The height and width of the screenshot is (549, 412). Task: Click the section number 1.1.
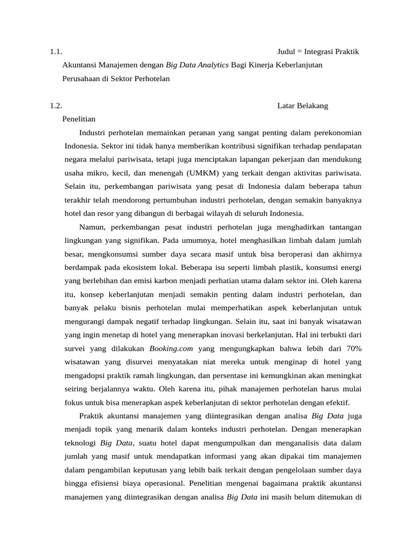click(56, 52)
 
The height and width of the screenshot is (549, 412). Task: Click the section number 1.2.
click(56, 106)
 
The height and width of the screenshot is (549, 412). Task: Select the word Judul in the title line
click(287, 52)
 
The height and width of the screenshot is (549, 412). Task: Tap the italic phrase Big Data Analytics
click(197, 65)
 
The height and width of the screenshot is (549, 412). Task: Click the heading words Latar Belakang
click(303, 106)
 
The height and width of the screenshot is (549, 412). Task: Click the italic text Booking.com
click(172, 348)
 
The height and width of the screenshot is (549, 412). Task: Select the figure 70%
click(354, 348)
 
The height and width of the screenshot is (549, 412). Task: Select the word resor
click(102, 213)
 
